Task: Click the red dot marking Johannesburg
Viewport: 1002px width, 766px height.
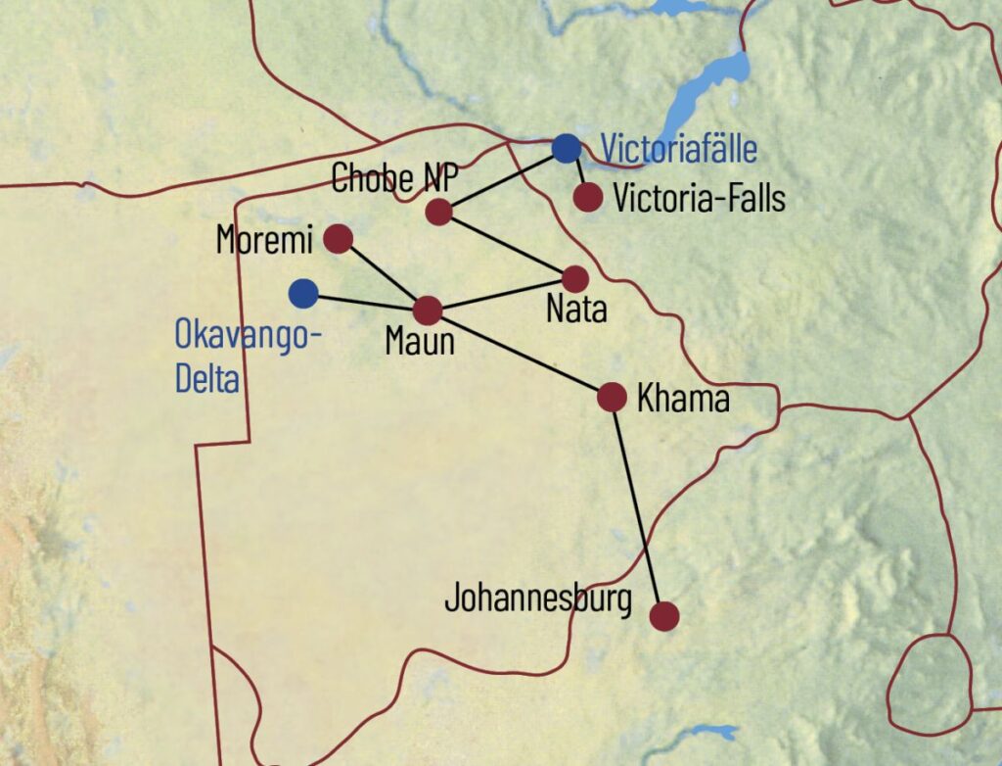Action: pos(664,616)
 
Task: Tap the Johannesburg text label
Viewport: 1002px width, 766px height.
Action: pos(538,598)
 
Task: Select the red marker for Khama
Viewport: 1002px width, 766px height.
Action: pos(612,397)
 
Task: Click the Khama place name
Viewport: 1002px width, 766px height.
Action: pos(683,399)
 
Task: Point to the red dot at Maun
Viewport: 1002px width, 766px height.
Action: pos(428,311)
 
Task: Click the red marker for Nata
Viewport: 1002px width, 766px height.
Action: pos(575,279)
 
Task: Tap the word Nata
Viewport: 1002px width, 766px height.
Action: pos(576,311)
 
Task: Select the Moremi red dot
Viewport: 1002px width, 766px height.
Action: pos(338,239)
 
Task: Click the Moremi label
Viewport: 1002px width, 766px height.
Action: pos(263,239)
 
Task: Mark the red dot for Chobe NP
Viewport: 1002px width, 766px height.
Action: pos(439,211)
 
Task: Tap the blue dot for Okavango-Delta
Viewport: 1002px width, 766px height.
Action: pos(303,292)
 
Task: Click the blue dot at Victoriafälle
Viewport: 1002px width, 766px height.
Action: pos(566,148)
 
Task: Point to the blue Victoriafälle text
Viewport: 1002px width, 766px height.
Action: pos(678,150)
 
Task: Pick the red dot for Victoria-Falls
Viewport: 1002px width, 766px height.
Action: pos(587,198)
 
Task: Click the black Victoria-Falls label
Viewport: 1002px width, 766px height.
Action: pos(699,199)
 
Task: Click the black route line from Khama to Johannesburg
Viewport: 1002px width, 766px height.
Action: pos(638,506)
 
